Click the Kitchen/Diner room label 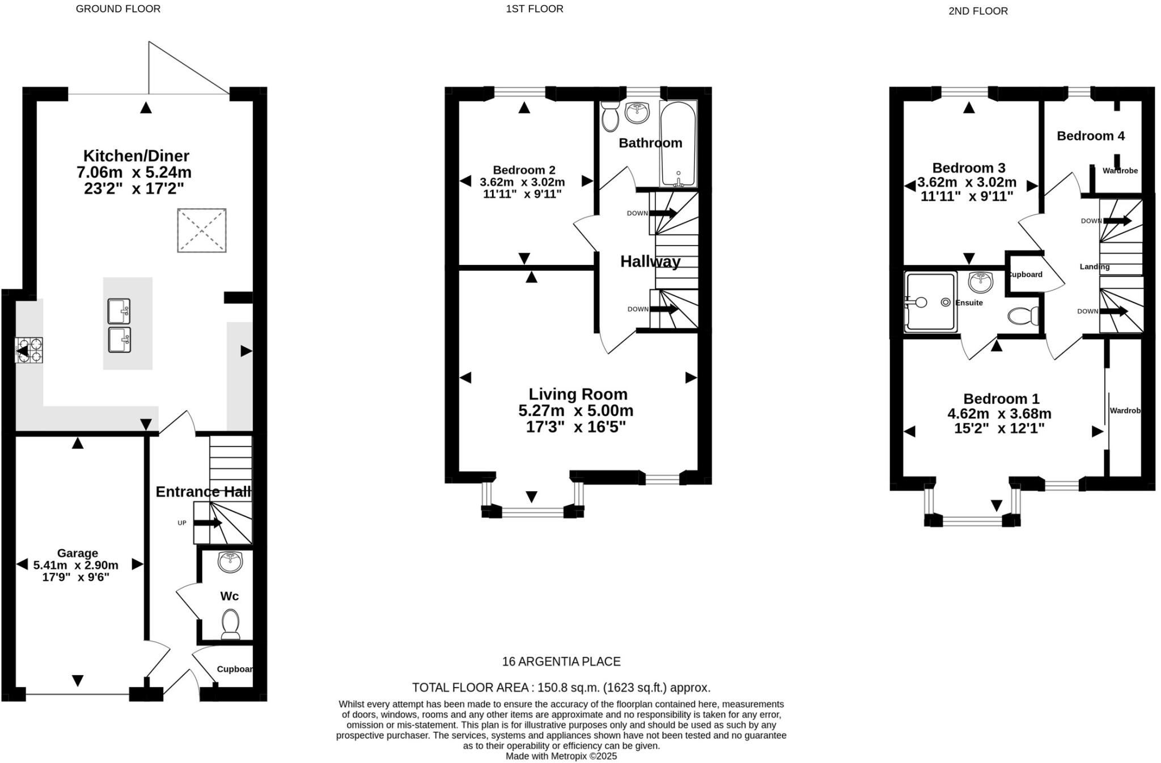[136, 155]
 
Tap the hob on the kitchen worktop [29, 350]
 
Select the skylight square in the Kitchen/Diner [202, 230]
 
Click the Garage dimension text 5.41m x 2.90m [76, 565]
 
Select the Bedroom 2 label [524, 170]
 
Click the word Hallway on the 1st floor [650, 262]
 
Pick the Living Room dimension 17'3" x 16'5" [575, 427]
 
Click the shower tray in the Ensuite [930, 302]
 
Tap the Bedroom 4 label [1090, 136]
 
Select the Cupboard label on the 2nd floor [1025, 275]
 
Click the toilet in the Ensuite [1024, 315]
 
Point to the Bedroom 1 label [1001, 398]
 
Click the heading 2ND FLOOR [978, 11]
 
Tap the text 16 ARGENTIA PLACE [561, 661]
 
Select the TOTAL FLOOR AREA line [561, 688]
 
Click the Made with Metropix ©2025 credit [561, 756]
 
